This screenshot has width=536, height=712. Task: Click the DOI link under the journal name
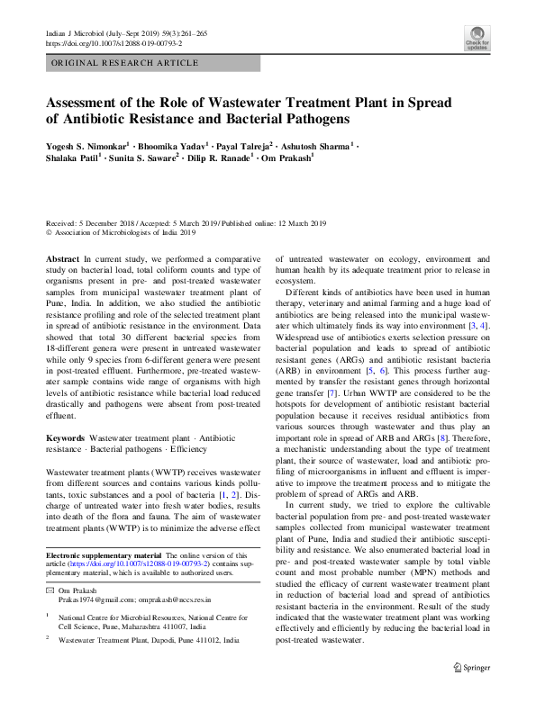[113, 42]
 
